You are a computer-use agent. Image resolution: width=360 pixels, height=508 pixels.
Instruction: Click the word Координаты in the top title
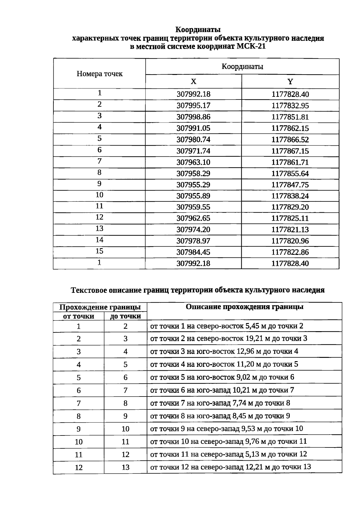198,30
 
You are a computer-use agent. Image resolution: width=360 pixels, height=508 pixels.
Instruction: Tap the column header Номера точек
100,74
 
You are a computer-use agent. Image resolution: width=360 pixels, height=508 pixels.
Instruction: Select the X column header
193,82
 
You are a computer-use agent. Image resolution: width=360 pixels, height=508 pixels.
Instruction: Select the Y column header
290,82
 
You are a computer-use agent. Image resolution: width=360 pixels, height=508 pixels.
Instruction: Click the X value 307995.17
193,106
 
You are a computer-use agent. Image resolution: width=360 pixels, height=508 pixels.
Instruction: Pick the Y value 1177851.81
290,117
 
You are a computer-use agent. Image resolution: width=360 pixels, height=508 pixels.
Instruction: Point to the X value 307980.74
193,140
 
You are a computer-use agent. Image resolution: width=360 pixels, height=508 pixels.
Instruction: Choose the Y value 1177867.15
290,151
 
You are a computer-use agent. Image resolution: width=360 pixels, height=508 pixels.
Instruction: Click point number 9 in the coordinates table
100,184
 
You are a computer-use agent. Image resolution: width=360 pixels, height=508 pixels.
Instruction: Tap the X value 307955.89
193,196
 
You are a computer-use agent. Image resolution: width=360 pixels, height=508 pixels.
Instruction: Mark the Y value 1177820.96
290,241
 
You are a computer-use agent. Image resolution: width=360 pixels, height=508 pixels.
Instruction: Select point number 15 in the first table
100,251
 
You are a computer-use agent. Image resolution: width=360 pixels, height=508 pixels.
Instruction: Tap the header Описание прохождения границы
244,307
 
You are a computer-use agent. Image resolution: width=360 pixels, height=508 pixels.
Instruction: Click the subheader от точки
78,316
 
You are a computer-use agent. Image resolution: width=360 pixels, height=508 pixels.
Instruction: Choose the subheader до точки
125,316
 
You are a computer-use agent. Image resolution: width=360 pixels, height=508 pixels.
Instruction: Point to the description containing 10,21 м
222,390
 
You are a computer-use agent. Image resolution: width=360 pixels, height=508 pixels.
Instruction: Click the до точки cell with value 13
125,468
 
